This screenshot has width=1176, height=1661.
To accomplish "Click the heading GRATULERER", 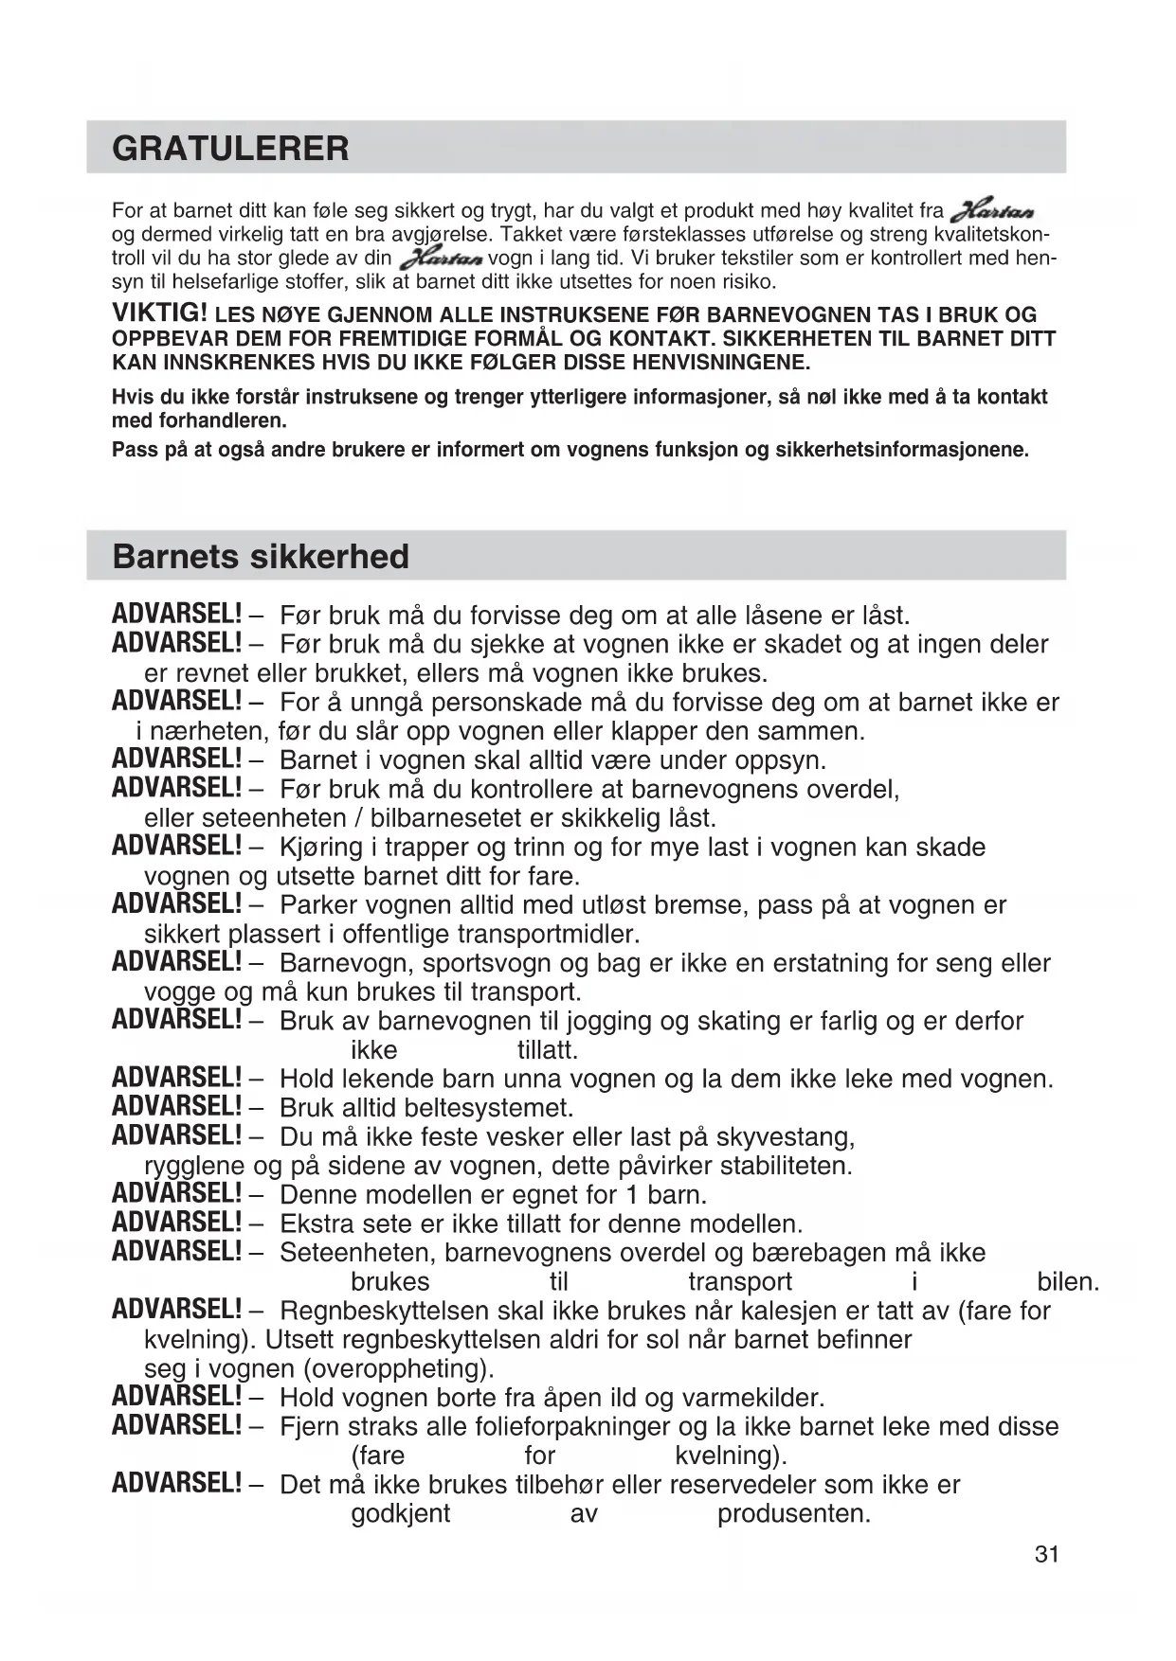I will tap(230, 149).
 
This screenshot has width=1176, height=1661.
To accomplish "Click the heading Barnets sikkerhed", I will tap(261, 556).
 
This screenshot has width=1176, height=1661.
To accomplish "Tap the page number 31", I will tap(1046, 1554).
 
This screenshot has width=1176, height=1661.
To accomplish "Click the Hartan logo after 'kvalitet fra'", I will tap(992, 211).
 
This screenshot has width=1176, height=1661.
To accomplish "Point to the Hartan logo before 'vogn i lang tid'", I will tap(442, 258).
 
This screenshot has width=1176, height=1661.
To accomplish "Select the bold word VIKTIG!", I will tap(160, 313).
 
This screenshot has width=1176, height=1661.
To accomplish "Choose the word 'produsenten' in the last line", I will tap(791, 1513).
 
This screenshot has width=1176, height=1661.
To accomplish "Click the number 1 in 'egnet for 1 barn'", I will tap(631, 1194).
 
